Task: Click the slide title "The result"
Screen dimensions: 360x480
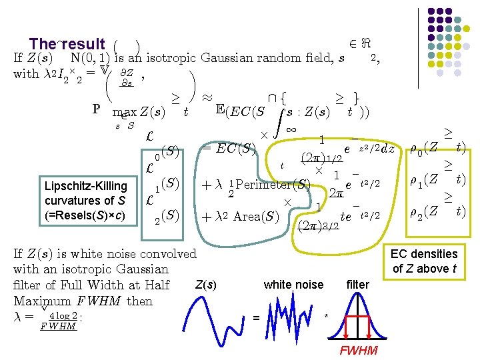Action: (x=67, y=44)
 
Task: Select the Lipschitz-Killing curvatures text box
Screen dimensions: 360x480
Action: (x=85, y=201)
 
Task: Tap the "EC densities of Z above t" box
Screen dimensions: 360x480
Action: (x=424, y=261)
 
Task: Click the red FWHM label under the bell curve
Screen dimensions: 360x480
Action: (x=359, y=351)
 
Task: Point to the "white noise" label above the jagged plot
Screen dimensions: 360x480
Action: (x=293, y=285)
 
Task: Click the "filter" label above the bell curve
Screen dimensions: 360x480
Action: (x=358, y=285)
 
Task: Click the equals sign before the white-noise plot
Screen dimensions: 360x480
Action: (x=257, y=317)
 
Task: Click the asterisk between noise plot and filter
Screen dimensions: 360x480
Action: (x=326, y=315)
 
